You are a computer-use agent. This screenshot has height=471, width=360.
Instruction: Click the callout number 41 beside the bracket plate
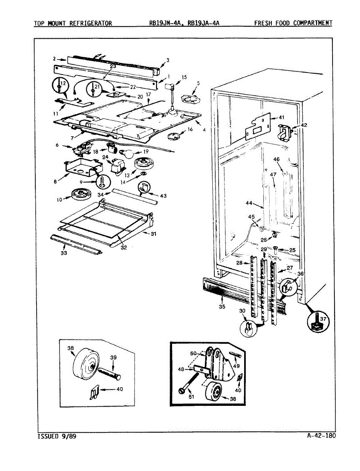(x=281, y=117)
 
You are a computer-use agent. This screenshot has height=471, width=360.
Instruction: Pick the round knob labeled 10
(x=80, y=194)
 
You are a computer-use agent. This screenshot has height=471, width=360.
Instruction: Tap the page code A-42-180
(x=322, y=435)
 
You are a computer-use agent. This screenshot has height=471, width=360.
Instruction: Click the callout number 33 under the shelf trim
(x=64, y=253)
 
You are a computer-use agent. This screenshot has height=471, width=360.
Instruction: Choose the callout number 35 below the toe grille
(x=222, y=307)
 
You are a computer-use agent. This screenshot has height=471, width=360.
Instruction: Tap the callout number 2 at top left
(x=55, y=59)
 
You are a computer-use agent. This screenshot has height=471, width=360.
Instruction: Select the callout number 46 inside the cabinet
(x=276, y=160)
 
